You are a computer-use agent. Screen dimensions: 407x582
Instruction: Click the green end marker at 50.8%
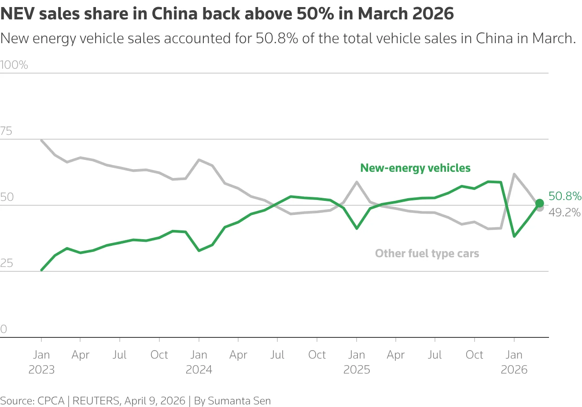point(539,203)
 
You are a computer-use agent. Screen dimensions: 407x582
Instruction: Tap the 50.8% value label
point(565,196)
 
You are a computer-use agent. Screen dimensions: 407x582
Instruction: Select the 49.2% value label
point(565,212)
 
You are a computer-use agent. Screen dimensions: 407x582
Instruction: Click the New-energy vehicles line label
point(415,168)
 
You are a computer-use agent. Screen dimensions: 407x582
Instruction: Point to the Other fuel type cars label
point(427,254)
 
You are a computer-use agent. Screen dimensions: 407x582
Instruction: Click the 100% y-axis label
point(14,65)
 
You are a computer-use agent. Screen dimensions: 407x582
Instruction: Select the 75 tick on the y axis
point(6,131)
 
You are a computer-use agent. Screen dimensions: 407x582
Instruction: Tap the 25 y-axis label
point(6,263)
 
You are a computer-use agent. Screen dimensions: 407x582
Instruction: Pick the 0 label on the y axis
point(4,329)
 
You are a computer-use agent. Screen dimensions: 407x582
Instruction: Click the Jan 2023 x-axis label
point(41,362)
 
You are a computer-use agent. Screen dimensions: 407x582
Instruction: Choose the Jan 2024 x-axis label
point(199,362)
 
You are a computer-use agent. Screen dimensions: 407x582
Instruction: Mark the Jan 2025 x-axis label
point(357,362)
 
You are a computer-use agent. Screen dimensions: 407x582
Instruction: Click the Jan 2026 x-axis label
point(514,362)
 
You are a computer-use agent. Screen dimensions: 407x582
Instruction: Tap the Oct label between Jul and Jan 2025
point(317,355)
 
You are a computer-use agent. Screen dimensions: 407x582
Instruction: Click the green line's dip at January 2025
point(357,228)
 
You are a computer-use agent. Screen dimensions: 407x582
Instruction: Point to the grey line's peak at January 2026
point(514,174)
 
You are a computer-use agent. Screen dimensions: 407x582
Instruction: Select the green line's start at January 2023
point(41,270)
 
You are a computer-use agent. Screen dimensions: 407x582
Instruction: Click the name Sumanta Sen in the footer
point(239,401)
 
